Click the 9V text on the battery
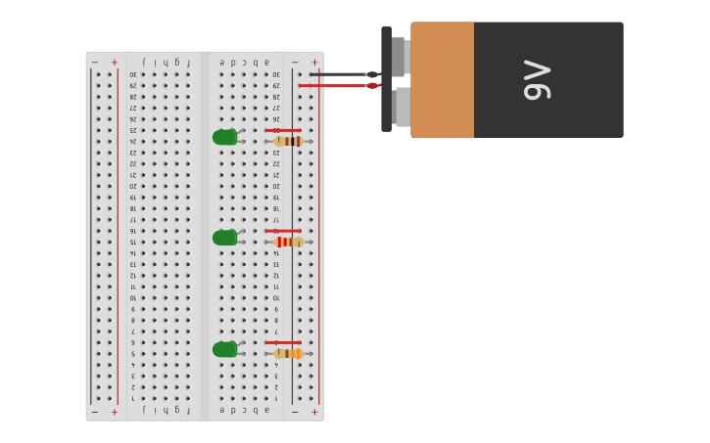pos(538,79)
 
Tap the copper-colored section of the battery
pos(442,79)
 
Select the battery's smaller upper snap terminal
pos(398,56)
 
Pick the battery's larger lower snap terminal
pos(402,107)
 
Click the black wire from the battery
pos(338,74)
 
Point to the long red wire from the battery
pos(333,86)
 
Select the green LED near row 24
pos(225,137)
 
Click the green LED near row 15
pos(225,238)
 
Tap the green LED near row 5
pos(225,349)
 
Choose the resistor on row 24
pos(288,142)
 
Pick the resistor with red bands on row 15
pos(288,242)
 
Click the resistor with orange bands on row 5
pos(288,354)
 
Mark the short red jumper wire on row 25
pos(283,130)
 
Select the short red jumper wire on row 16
pos(283,231)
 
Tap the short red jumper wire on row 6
pos(283,342)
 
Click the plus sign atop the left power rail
pos(115,62)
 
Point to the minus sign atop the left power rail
pos(95,62)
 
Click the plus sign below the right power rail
pos(314,412)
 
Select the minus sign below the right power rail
pos(295,412)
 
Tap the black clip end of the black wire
pos(372,74)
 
